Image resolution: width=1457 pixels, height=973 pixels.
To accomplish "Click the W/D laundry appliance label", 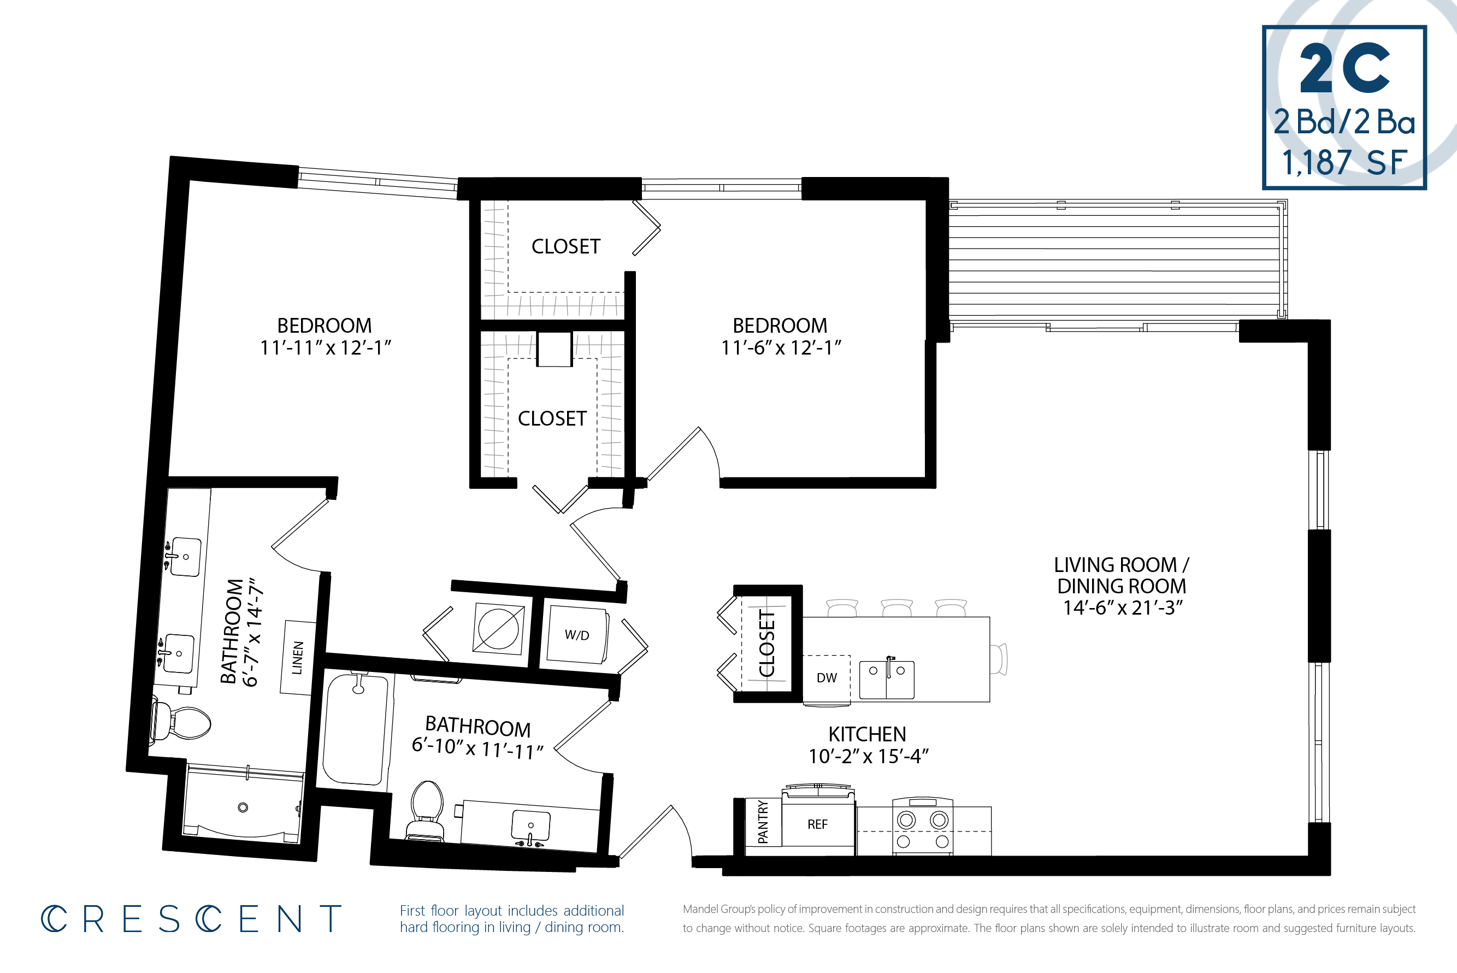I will tap(576, 635).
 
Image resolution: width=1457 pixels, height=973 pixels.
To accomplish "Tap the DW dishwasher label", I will tap(827, 677).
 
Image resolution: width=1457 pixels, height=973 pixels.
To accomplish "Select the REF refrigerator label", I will tap(817, 824).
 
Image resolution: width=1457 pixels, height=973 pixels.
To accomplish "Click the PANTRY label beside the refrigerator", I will tap(763, 822).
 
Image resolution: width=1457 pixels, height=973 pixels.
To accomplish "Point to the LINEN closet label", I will tap(298, 658).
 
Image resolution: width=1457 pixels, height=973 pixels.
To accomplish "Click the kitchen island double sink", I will tap(886, 680).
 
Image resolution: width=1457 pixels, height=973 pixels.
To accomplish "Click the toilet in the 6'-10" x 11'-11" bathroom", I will tap(427, 807).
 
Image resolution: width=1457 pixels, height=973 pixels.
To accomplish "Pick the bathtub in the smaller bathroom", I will tap(356, 731).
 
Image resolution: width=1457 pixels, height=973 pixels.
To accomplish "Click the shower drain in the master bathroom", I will tap(243, 807).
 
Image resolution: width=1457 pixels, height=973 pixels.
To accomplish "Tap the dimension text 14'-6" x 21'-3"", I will tap(1123, 608).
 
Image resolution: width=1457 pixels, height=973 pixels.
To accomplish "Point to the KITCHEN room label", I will tap(867, 734).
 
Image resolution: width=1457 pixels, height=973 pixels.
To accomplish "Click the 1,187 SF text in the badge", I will tap(1343, 163).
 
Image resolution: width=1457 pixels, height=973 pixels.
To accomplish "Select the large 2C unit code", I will tap(1344, 68).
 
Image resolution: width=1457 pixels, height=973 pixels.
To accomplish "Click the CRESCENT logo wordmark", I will tap(191, 919).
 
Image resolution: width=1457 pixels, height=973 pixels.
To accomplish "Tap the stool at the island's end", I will tap(999, 658).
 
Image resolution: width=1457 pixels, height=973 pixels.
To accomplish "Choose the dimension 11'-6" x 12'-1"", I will tap(780, 347).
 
